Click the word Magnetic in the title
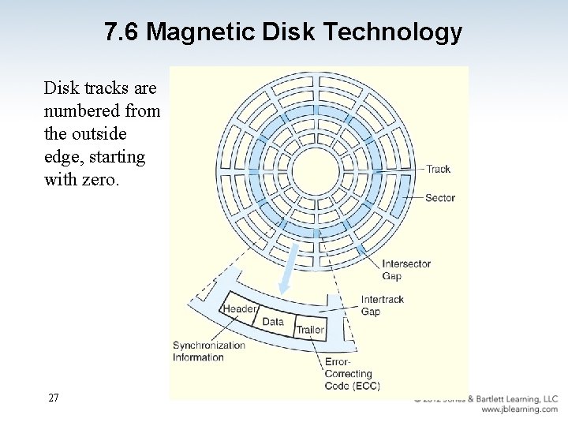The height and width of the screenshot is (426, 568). tap(194, 32)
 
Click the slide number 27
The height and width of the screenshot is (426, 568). tap(53, 398)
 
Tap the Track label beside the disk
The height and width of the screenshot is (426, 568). tap(438, 169)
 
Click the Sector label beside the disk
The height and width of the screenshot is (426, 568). tap(440, 198)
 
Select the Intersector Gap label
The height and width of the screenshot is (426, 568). tap(405, 270)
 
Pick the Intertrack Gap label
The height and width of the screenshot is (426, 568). tap(382, 305)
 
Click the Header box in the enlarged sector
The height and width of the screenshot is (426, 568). tap(240, 309)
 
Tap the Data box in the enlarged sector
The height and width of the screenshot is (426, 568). tap(273, 322)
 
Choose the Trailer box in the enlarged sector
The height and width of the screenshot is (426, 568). tap(309, 330)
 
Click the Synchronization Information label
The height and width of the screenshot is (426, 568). tap(208, 351)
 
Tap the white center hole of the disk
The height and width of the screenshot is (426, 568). tap(316, 170)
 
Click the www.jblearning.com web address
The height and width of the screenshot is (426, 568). tap(518, 410)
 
